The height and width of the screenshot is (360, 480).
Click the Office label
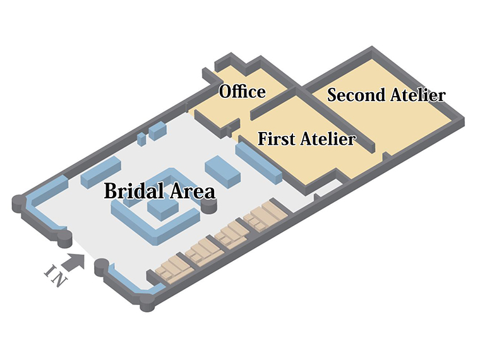coord(242,92)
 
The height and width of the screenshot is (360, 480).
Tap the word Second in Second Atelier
coord(356,95)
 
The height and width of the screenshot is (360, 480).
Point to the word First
coord(278,138)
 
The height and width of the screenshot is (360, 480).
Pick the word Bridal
coord(132,191)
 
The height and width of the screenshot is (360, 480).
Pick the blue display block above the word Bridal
coord(100,172)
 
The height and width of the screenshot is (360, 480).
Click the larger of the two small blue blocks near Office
coord(157,130)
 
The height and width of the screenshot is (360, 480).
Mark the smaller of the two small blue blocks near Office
coord(143,137)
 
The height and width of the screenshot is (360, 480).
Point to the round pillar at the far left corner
coord(18,203)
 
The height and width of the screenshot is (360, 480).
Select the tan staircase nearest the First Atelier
coord(263,215)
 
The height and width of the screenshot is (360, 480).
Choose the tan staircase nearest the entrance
coord(172,268)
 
